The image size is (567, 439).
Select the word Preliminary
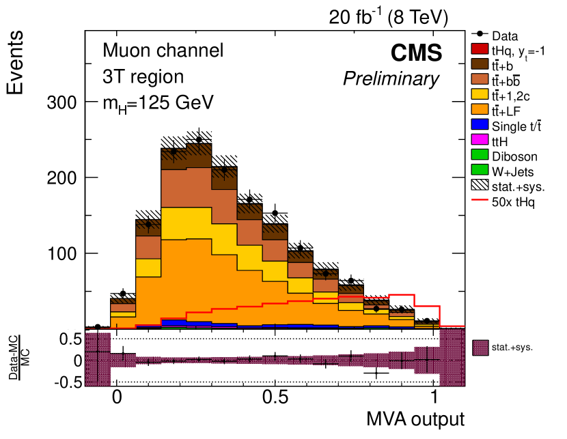click(x=391, y=79)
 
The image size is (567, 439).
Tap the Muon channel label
click(x=163, y=51)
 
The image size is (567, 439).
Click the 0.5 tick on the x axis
click(x=275, y=396)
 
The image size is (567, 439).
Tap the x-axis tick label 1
click(x=434, y=396)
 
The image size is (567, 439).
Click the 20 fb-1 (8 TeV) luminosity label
click(x=388, y=18)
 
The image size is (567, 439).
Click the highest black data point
click(x=199, y=139)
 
